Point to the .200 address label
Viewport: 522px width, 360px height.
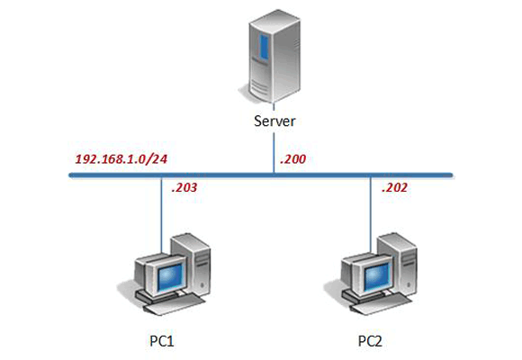point(292,159)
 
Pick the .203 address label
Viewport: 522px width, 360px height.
point(184,188)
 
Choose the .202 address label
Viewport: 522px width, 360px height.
point(395,188)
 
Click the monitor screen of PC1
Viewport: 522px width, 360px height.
point(164,275)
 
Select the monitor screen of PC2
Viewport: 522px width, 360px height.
point(371,275)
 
